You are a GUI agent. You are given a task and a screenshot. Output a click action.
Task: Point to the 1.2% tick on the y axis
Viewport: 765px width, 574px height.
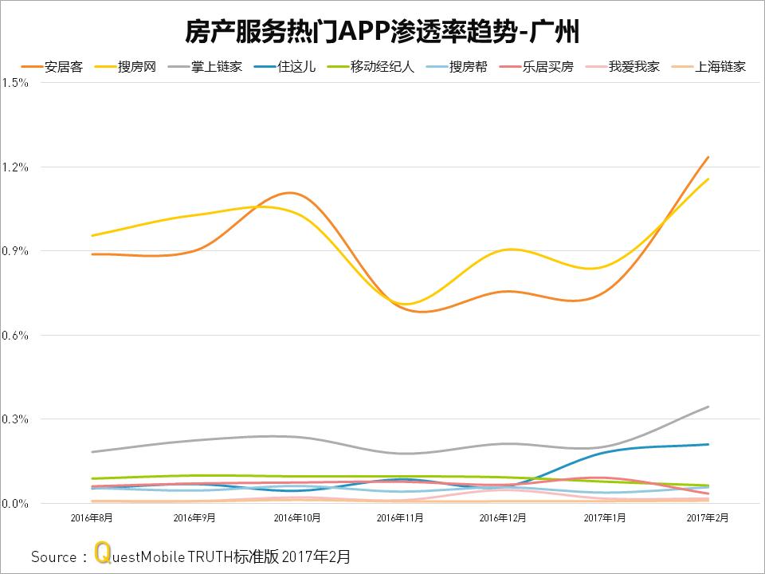[15, 167]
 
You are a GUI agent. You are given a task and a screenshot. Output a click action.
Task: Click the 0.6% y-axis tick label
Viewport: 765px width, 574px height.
[15, 336]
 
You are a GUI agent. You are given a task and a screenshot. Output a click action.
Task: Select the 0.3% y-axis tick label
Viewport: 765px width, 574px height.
[15, 419]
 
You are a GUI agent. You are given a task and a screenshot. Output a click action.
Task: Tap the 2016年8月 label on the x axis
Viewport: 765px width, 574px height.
[92, 518]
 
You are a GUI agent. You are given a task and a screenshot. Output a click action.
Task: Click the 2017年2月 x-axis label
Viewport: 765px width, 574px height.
[708, 518]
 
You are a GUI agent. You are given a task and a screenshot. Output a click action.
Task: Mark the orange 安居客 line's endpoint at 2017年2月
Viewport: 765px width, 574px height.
[708, 157]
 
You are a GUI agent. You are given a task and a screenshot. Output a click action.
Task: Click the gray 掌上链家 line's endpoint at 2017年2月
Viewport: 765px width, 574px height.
[708, 407]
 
